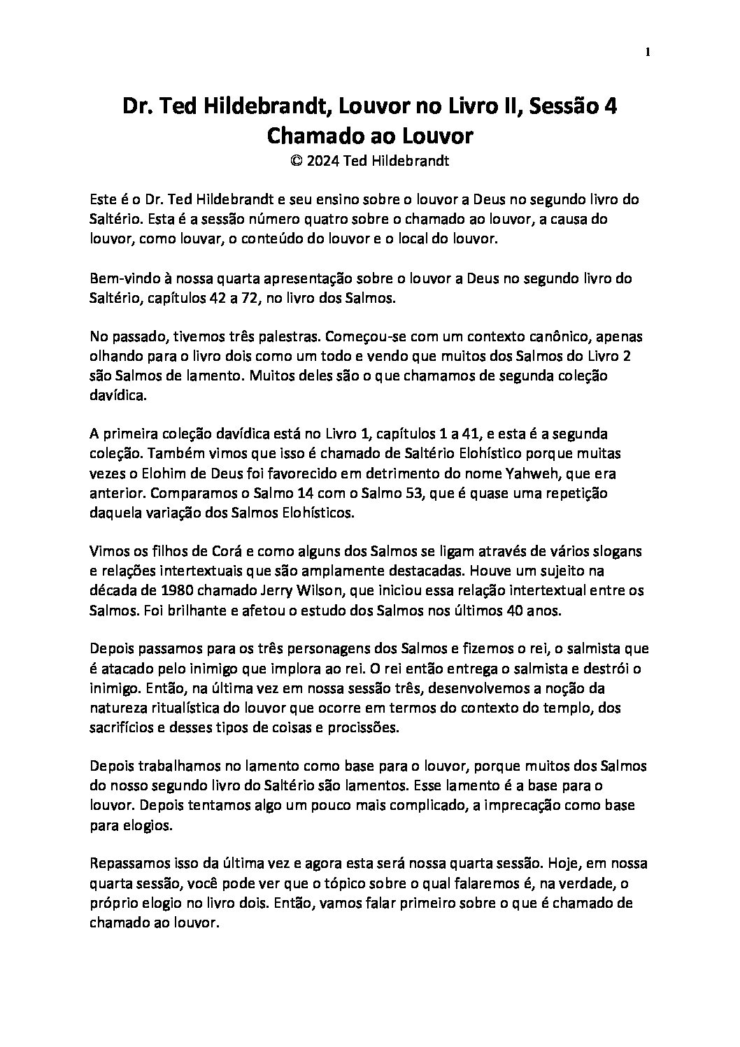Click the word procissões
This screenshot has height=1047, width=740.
(382, 727)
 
